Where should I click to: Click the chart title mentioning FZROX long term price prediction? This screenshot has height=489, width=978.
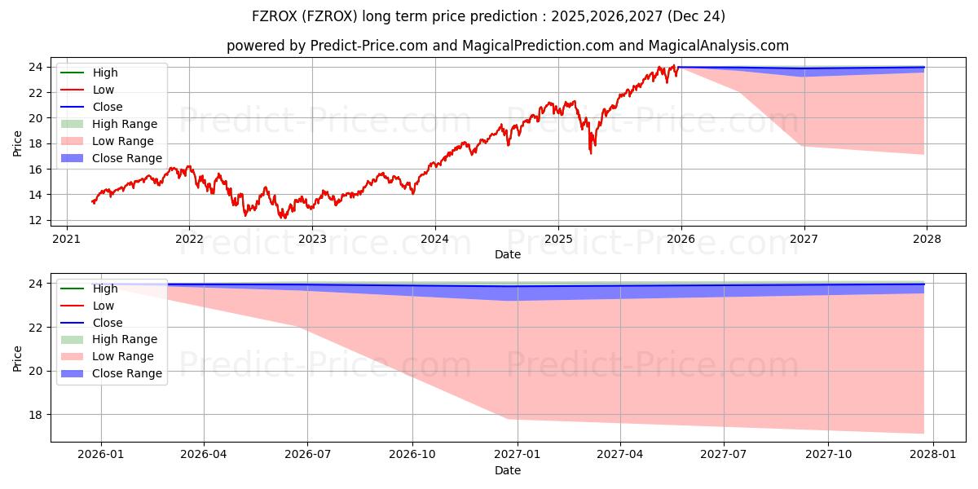pos(489,16)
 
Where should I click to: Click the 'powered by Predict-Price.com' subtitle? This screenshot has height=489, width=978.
pos(507,46)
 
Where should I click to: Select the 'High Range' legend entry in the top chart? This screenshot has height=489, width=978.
pos(124,124)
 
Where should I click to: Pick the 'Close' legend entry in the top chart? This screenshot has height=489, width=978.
pos(107,107)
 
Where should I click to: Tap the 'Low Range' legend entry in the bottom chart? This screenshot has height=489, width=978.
pos(122,356)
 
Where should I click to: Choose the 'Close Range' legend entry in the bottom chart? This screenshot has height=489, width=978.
pos(126,373)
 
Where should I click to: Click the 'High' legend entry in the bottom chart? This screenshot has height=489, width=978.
pos(104,289)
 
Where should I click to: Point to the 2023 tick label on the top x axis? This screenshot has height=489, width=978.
pos(312,239)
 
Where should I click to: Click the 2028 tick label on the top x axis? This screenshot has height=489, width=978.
pos(927,239)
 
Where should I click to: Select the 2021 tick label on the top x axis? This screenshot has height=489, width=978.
pos(66,239)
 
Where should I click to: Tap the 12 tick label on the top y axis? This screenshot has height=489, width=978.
pos(34,220)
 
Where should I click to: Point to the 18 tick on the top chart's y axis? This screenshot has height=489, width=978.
pos(34,143)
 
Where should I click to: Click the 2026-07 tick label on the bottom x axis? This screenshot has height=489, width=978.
pos(308,455)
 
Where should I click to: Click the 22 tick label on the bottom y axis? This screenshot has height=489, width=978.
pos(34,328)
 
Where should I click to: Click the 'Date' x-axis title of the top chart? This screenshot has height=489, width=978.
pos(507,254)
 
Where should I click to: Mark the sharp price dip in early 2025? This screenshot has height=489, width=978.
pos(591,152)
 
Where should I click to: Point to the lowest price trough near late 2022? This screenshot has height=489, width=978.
pos(283,218)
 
